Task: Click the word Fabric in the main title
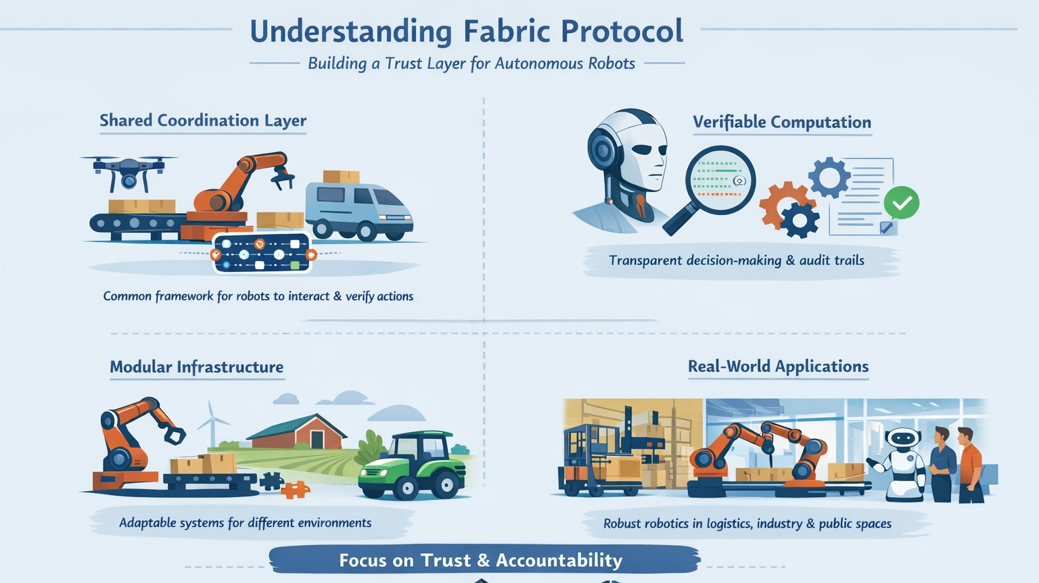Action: pyautogui.click(x=507, y=31)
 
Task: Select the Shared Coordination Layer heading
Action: pyautogui.click(x=203, y=120)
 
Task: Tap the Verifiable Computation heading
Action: pyautogui.click(x=782, y=122)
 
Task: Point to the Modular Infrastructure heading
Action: pyautogui.click(x=197, y=367)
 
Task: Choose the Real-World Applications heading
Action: pyautogui.click(x=778, y=367)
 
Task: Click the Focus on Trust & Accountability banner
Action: pyautogui.click(x=481, y=560)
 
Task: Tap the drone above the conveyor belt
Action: pyautogui.click(x=129, y=169)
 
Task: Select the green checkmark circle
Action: pyautogui.click(x=901, y=202)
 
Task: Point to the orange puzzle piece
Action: pyautogui.click(x=295, y=489)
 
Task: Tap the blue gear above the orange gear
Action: pyautogui.click(x=829, y=177)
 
